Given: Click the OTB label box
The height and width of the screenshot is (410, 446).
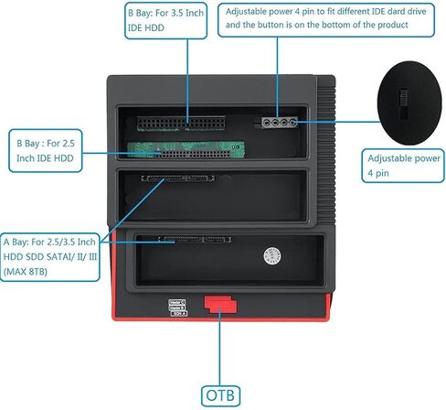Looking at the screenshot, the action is click(220, 395).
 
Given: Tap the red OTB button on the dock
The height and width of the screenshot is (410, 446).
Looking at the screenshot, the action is click(220, 304).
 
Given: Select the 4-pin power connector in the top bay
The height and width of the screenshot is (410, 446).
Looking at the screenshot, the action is click(280, 123).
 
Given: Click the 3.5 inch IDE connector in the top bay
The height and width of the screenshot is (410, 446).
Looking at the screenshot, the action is click(181, 124).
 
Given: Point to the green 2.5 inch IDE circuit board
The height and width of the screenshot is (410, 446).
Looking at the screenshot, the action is click(186, 149).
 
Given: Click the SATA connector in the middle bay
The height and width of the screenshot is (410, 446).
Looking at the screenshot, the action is click(177, 178).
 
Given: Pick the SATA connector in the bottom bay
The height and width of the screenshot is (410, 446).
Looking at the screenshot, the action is click(195, 240).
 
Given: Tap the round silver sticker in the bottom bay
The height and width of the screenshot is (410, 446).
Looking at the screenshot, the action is click(272, 255).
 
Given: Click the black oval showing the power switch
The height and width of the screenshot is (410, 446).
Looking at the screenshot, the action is click(409, 102).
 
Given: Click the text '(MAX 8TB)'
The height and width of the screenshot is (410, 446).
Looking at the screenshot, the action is click(26, 272).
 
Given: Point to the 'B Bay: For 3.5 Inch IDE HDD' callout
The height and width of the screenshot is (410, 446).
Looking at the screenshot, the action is click(166, 21).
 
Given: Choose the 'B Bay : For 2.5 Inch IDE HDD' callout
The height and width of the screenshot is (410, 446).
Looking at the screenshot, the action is click(46, 151).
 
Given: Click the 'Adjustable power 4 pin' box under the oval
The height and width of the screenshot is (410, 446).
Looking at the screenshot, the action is click(403, 166).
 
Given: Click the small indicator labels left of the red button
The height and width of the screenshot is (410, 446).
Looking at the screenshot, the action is click(177, 307).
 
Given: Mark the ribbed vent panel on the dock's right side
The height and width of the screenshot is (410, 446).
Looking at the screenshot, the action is click(326, 150).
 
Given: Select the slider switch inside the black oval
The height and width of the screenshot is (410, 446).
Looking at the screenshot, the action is click(404, 104).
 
